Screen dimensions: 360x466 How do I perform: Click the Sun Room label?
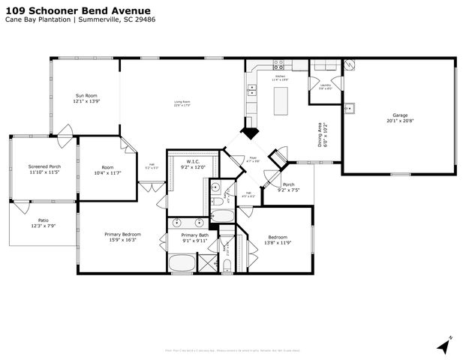click(86, 96)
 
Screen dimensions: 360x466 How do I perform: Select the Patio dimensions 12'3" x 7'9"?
click(44, 226)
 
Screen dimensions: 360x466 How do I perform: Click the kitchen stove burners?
click(279, 66)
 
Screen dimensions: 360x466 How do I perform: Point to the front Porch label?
click(288, 184)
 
